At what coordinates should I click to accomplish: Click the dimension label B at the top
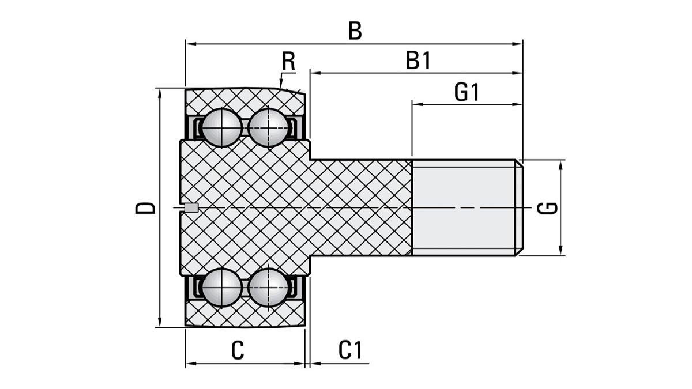click(355, 31)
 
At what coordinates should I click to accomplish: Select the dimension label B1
click(419, 61)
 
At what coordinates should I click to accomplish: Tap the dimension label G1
click(467, 92)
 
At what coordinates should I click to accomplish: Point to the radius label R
click(288, 61)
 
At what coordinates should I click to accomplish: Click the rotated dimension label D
click(145, 207)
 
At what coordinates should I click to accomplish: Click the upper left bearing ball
click(222, 127)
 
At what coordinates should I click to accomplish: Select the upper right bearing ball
click(268, 127)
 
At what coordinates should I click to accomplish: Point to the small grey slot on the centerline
click(191, 207)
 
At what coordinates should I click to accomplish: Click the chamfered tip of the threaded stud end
click(520, 207)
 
